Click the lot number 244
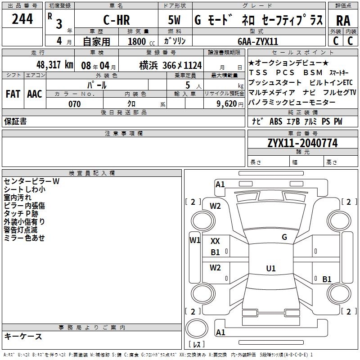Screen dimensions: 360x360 pos(22,19)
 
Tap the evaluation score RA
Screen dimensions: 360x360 pos(343,21)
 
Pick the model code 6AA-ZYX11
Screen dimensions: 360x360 pos(257,41)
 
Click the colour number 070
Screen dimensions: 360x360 pos(74,104)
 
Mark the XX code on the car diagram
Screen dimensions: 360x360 pos(215,241)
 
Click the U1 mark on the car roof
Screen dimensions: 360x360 pos(270,269)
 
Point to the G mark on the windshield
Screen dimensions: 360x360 pos(284,237)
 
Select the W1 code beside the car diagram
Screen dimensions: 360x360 pos(195,240)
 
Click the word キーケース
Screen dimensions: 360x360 pos(23,336)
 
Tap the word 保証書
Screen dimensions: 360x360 pos(15,121)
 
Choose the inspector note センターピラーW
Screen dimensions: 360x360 pos(31,181)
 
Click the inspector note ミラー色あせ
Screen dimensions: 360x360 pos(24,238)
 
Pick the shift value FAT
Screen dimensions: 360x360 pos(13,94)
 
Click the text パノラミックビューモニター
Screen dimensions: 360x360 pos(292,102)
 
